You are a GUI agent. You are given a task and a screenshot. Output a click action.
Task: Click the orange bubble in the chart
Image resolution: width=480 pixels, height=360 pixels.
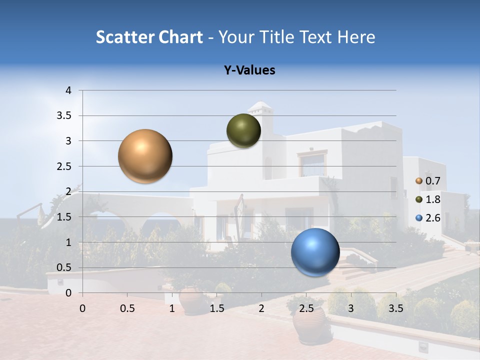(145, 156)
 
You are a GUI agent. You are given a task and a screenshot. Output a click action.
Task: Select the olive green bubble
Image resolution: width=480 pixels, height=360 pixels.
(243, 130)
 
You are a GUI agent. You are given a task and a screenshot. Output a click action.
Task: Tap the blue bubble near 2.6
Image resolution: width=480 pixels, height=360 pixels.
(315, 252)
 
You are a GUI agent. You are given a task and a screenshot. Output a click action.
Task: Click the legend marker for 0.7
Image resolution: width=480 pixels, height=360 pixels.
(419, 181)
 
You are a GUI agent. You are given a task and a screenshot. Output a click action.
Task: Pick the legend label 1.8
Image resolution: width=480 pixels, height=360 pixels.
(432, 199)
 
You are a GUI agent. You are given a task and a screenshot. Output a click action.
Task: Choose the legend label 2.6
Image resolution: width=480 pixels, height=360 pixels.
(432, 218)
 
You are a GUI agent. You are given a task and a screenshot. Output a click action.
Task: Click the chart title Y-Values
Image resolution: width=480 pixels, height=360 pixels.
(249, 70)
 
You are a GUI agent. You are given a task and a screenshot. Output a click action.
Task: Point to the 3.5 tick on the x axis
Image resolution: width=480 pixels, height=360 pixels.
(395, 308)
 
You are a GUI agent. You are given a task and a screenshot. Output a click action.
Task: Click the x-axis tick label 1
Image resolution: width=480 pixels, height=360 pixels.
(172, 308)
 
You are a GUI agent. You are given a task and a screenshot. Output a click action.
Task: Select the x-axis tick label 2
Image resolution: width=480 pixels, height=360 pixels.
(261, 308)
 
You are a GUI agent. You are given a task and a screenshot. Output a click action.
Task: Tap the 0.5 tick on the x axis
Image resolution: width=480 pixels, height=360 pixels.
(127, 308)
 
